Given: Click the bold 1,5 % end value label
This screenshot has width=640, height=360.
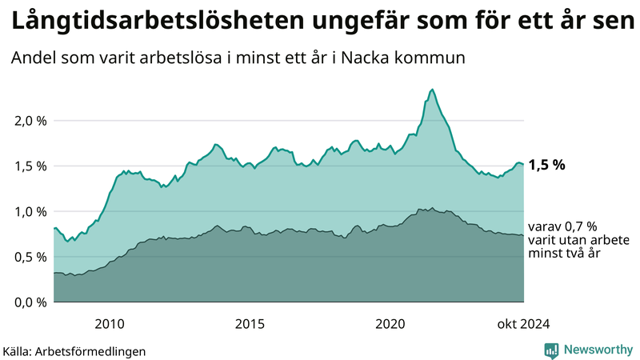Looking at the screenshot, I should pos(547,166).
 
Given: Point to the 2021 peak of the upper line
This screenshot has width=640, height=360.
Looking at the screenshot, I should pos(433,90).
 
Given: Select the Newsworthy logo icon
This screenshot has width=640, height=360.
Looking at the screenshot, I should pos(551,350).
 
